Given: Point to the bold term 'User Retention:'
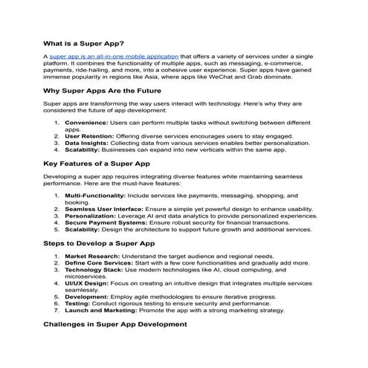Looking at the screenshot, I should pos(87,135).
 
